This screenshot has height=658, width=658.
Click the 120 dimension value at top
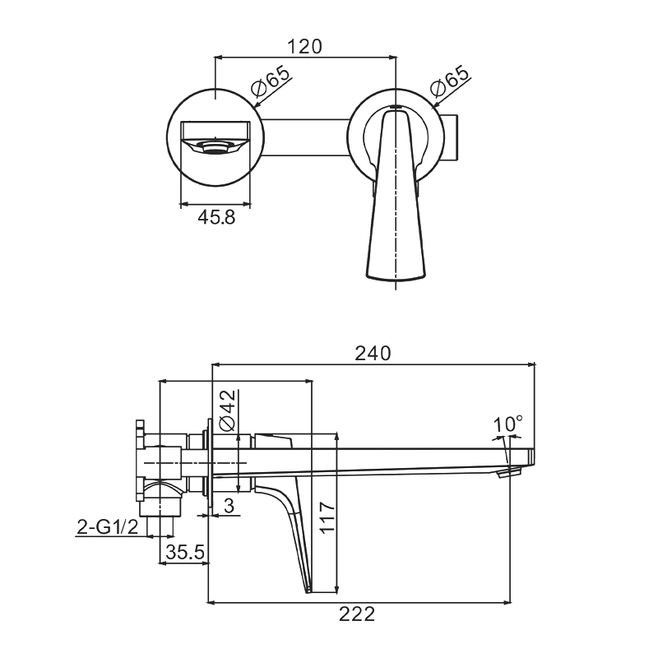point(304,47)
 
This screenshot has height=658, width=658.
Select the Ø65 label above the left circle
point(271,81)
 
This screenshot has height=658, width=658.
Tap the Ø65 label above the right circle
point(449,81)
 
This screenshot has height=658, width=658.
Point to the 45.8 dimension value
point(216,217)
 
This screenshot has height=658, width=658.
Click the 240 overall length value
point(373,354)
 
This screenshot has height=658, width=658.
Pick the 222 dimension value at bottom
point(357,614)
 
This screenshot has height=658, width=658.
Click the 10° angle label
point(507,424)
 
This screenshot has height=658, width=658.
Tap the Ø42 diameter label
point(228,410)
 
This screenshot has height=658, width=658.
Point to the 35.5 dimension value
point(185,552)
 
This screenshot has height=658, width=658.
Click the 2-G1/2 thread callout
point(108,527)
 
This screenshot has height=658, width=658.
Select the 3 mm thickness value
point(229,506)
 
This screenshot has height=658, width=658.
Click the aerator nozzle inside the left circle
point(215,146)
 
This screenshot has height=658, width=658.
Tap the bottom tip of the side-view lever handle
point(308,591)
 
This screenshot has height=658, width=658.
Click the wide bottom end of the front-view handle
point(396,276)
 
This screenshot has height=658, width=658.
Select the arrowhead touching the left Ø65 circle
point(257,105)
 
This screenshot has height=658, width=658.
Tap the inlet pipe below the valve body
point(160,526)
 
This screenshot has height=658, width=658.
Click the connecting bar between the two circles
point(306,137)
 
